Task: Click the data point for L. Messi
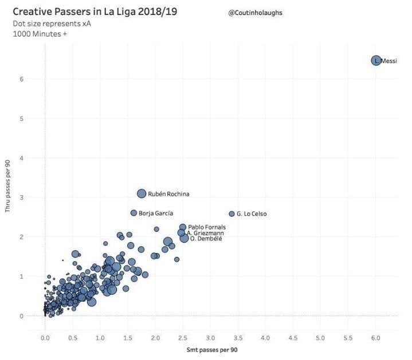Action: tap(376, 61)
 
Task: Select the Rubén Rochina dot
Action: tap(142, 193)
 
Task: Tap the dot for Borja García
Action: tap(134, 213)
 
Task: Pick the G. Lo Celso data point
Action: tap(231, 214)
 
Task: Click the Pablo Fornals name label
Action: tap(207, 227)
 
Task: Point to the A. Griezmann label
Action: tap(205, 233)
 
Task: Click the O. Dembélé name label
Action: tap(206, 239)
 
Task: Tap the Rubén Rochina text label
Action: tap(168, 194)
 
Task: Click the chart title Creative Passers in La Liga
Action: tap(95, 11)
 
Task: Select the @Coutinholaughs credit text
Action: tap(256, 13)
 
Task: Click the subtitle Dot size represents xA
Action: tap(52, 23)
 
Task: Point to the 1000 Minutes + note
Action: tap(40, 34)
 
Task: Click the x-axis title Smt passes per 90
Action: tap(212, 350)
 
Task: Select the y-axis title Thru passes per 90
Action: tap(7, 186)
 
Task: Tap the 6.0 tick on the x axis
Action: tap(376, 338)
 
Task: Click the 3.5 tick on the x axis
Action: tap(238, 338)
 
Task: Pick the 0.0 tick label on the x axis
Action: tap(45, 338)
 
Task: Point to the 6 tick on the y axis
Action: tap(22, 79)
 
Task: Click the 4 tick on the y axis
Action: tap(22, 158)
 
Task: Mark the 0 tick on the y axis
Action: tap(22, 316)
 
